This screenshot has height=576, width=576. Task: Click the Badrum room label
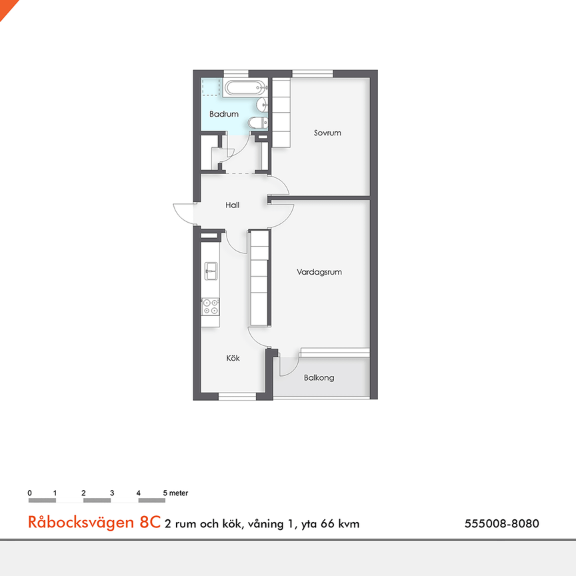[223, 115]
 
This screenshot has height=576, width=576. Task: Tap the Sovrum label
[327, 133]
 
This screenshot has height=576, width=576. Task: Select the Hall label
[232, 205]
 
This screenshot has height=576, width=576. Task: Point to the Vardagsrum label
[319, 272]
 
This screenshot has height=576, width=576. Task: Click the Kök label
[233, 359]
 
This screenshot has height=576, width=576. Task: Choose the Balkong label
[319, 378]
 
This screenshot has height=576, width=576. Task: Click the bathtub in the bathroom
[243, 88]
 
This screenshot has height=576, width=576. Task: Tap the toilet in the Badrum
[257, 123]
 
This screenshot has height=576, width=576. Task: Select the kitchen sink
[211, 270]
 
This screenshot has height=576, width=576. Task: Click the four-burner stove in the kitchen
[211, 306]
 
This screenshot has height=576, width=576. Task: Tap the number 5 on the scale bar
[165, 493]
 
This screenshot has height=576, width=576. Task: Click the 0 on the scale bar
[30, 493]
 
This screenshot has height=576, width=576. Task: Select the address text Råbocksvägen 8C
[94, 523]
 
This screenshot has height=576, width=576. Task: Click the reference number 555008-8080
[501, 524]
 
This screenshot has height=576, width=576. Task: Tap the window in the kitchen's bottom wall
[237, 397]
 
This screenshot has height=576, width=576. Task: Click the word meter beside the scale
[179, 493]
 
